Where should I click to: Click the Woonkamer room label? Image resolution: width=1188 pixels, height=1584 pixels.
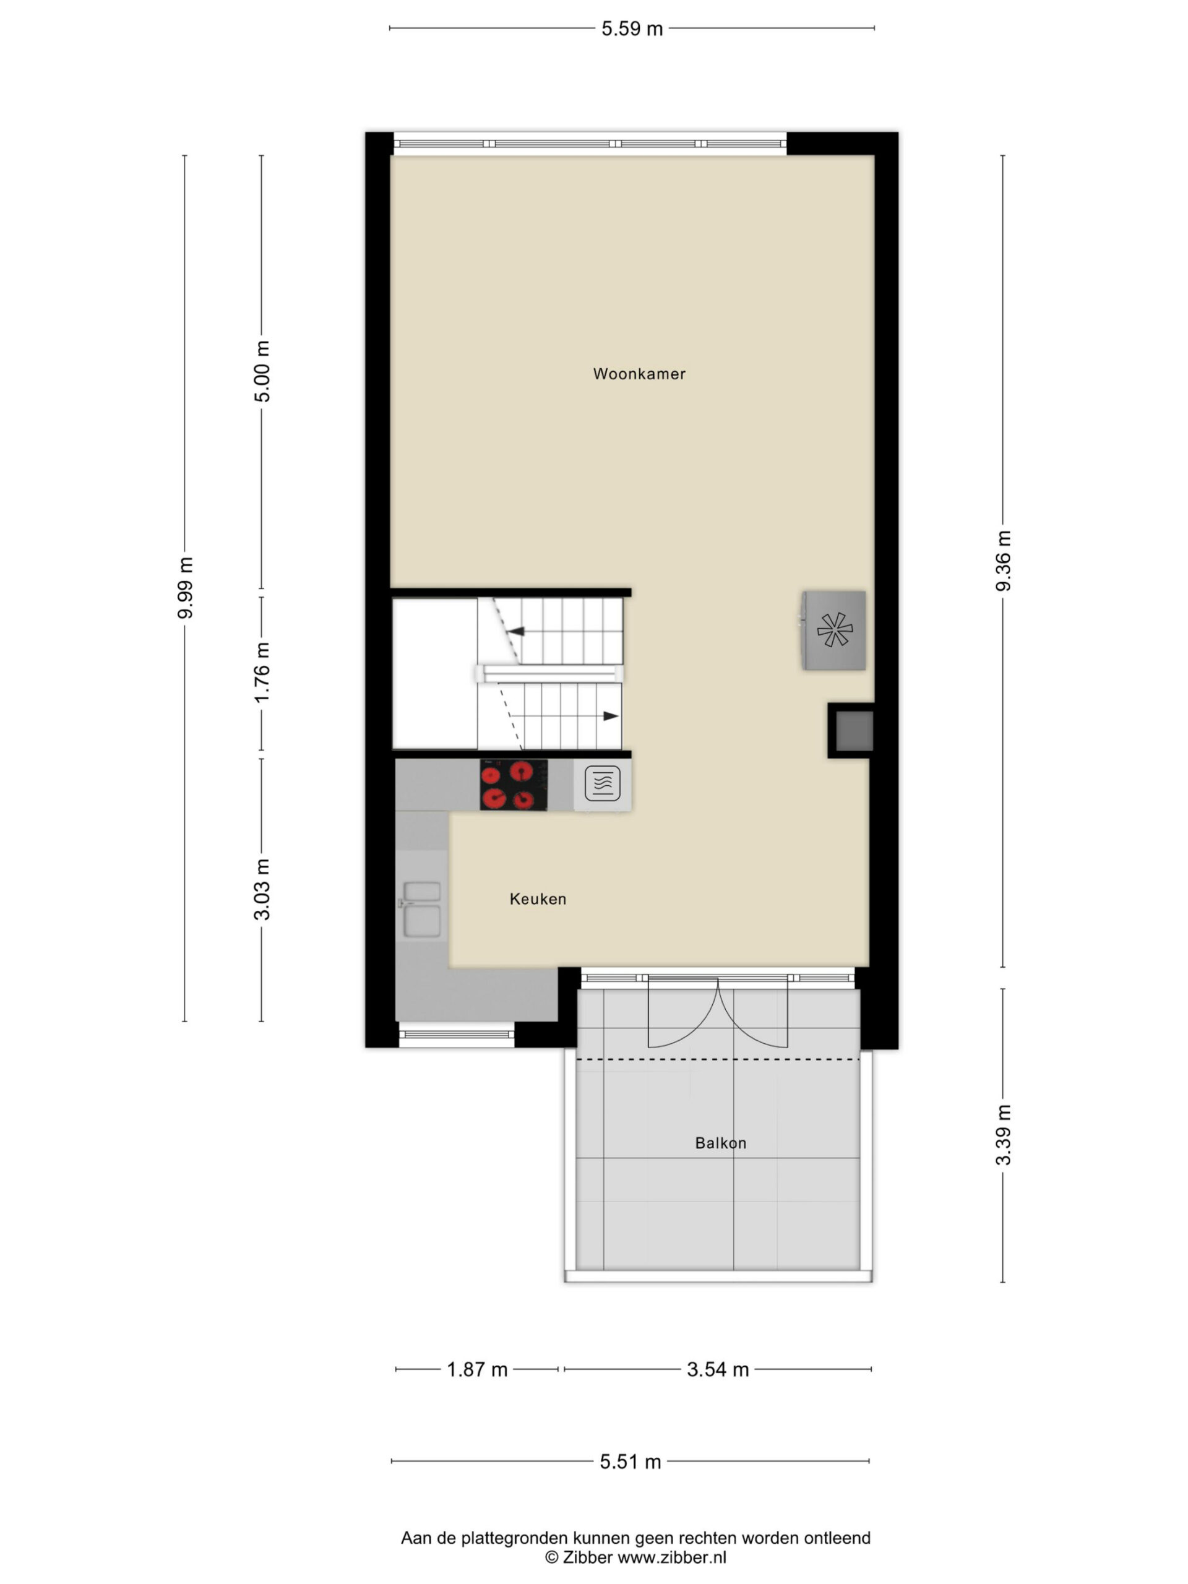pos(639,374)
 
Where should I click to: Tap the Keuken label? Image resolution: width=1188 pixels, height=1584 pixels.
pos(538,898)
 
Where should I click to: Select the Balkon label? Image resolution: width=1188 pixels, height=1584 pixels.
pos(720,1143)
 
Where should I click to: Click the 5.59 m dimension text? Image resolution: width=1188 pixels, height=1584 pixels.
pos(632,28)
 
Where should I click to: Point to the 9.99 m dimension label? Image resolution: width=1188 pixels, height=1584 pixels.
pos(186,587)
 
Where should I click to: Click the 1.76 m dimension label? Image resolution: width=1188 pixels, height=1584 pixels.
pos(263,673)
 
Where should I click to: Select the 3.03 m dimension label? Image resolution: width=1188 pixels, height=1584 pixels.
pos(263,889)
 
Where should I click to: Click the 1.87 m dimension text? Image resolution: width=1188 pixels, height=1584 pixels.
pos(477,1370)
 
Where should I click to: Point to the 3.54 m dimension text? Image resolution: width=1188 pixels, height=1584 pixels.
pos(718,1370)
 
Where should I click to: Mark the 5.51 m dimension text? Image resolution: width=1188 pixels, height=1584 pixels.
pos(630,1461)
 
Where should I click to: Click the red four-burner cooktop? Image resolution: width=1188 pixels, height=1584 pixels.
pos(514,785)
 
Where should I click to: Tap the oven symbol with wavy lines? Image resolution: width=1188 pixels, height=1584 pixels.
pos(602,783)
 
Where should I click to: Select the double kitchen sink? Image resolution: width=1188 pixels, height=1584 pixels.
pos(421,910)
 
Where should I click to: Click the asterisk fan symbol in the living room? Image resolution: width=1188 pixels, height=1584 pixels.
pos(834,630)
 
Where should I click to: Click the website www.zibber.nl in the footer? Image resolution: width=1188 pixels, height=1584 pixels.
pos(672,1557)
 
